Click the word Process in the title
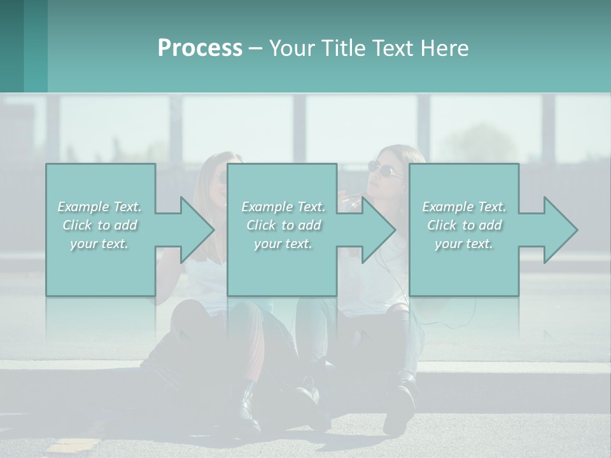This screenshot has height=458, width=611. click(200, 48)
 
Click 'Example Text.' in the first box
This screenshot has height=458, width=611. click(99, 207)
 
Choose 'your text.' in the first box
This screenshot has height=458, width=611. click(99, 244)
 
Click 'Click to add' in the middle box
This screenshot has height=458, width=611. click(283, 225)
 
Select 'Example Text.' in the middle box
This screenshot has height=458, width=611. click(283, 207)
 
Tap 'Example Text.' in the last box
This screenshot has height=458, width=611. click(464, 207)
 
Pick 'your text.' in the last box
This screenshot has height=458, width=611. click(464, 244)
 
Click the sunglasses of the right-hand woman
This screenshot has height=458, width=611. click(385, 169)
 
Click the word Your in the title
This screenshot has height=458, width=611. click(291, 48)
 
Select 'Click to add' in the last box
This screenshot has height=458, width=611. click(464, 225)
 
